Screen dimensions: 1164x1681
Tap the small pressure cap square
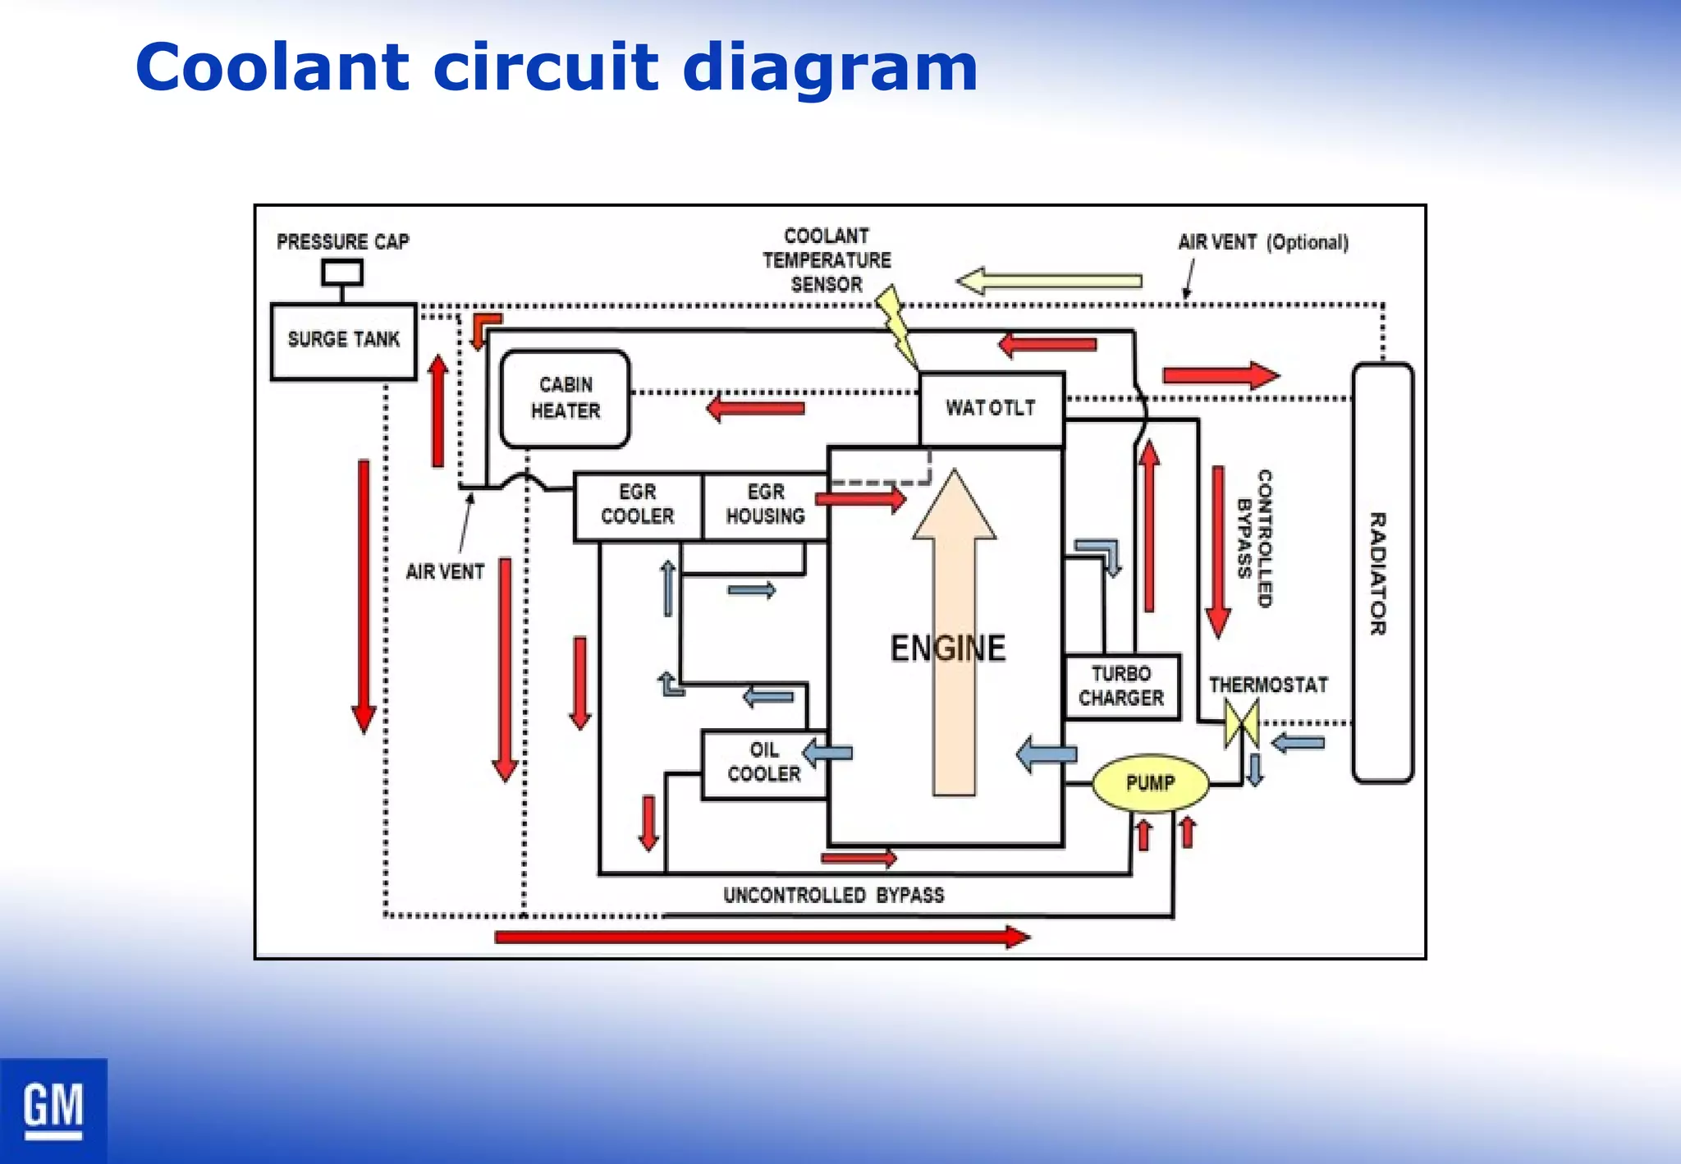[341, 272]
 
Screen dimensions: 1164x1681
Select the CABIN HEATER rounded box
[565, 399]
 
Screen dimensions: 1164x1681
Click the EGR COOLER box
[638, 506]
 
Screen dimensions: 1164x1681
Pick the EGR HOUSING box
[765, 506]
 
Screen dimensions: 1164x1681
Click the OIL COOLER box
[763, 763]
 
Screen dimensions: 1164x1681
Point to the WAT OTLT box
[991, 408]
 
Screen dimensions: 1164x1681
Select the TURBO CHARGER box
[1121, 686]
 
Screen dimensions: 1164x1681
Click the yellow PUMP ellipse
[1150, 783]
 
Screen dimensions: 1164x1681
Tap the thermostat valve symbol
[1241, 722]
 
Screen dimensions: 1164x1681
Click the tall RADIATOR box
[1382, 573]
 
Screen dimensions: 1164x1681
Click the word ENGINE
[947, 648]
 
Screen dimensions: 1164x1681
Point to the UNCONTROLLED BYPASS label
[833, 895]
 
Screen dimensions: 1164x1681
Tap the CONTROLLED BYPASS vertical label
[1254, 538]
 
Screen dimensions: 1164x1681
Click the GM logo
[53, 1110]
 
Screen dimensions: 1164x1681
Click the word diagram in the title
[829, 67]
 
